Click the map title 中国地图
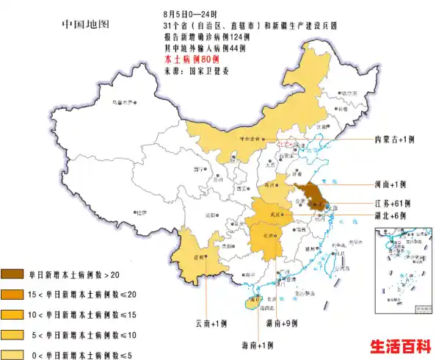pos(86,24)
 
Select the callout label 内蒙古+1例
pos(395,139)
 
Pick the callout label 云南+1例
pos(213,323)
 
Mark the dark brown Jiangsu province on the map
pos(315,198)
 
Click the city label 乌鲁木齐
pos(123,102)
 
